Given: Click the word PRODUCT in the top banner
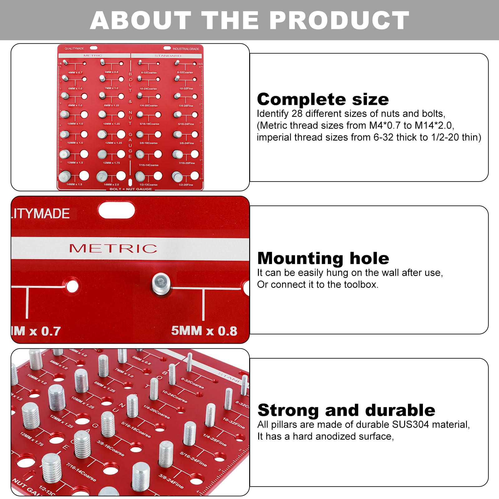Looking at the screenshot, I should pyautogui.click(x=339, y=21).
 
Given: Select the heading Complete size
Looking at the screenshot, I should pyautogui.click(x=323, y=99).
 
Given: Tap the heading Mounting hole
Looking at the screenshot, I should pyautogui.click(x=323, y=258).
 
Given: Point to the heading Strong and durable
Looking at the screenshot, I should pyautogui.click(x=346, y=410).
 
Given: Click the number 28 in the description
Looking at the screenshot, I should pyautogui.click(x=297, y=114).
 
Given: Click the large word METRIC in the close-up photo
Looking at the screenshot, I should pyautogui.click(x=113, y=248).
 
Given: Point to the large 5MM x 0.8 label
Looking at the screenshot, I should pyautogui.click(x=204, y=331).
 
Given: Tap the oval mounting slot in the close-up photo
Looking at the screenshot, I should pyautogui.click(x=116, y=211).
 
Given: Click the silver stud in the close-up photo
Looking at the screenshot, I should pyautogui.click(x=161, y=283).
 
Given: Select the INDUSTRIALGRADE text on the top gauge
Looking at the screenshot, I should pyautogui.click(x=186, y=49).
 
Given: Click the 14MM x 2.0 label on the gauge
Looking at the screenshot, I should pyautogui.click(x=111, y=185).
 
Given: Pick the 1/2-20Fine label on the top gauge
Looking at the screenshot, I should pyautogui.click(x=186, y=185).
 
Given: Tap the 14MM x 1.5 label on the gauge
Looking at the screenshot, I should pyautogui.click(x=74, y=185).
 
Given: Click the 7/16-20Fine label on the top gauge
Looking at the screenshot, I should pyautogui.click(x=187, y=163).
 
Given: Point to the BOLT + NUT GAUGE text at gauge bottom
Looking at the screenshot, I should pyautogui.click(x=131, y=189).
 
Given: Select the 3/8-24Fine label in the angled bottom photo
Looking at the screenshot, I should pyautogui.click(x=171, y=481).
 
